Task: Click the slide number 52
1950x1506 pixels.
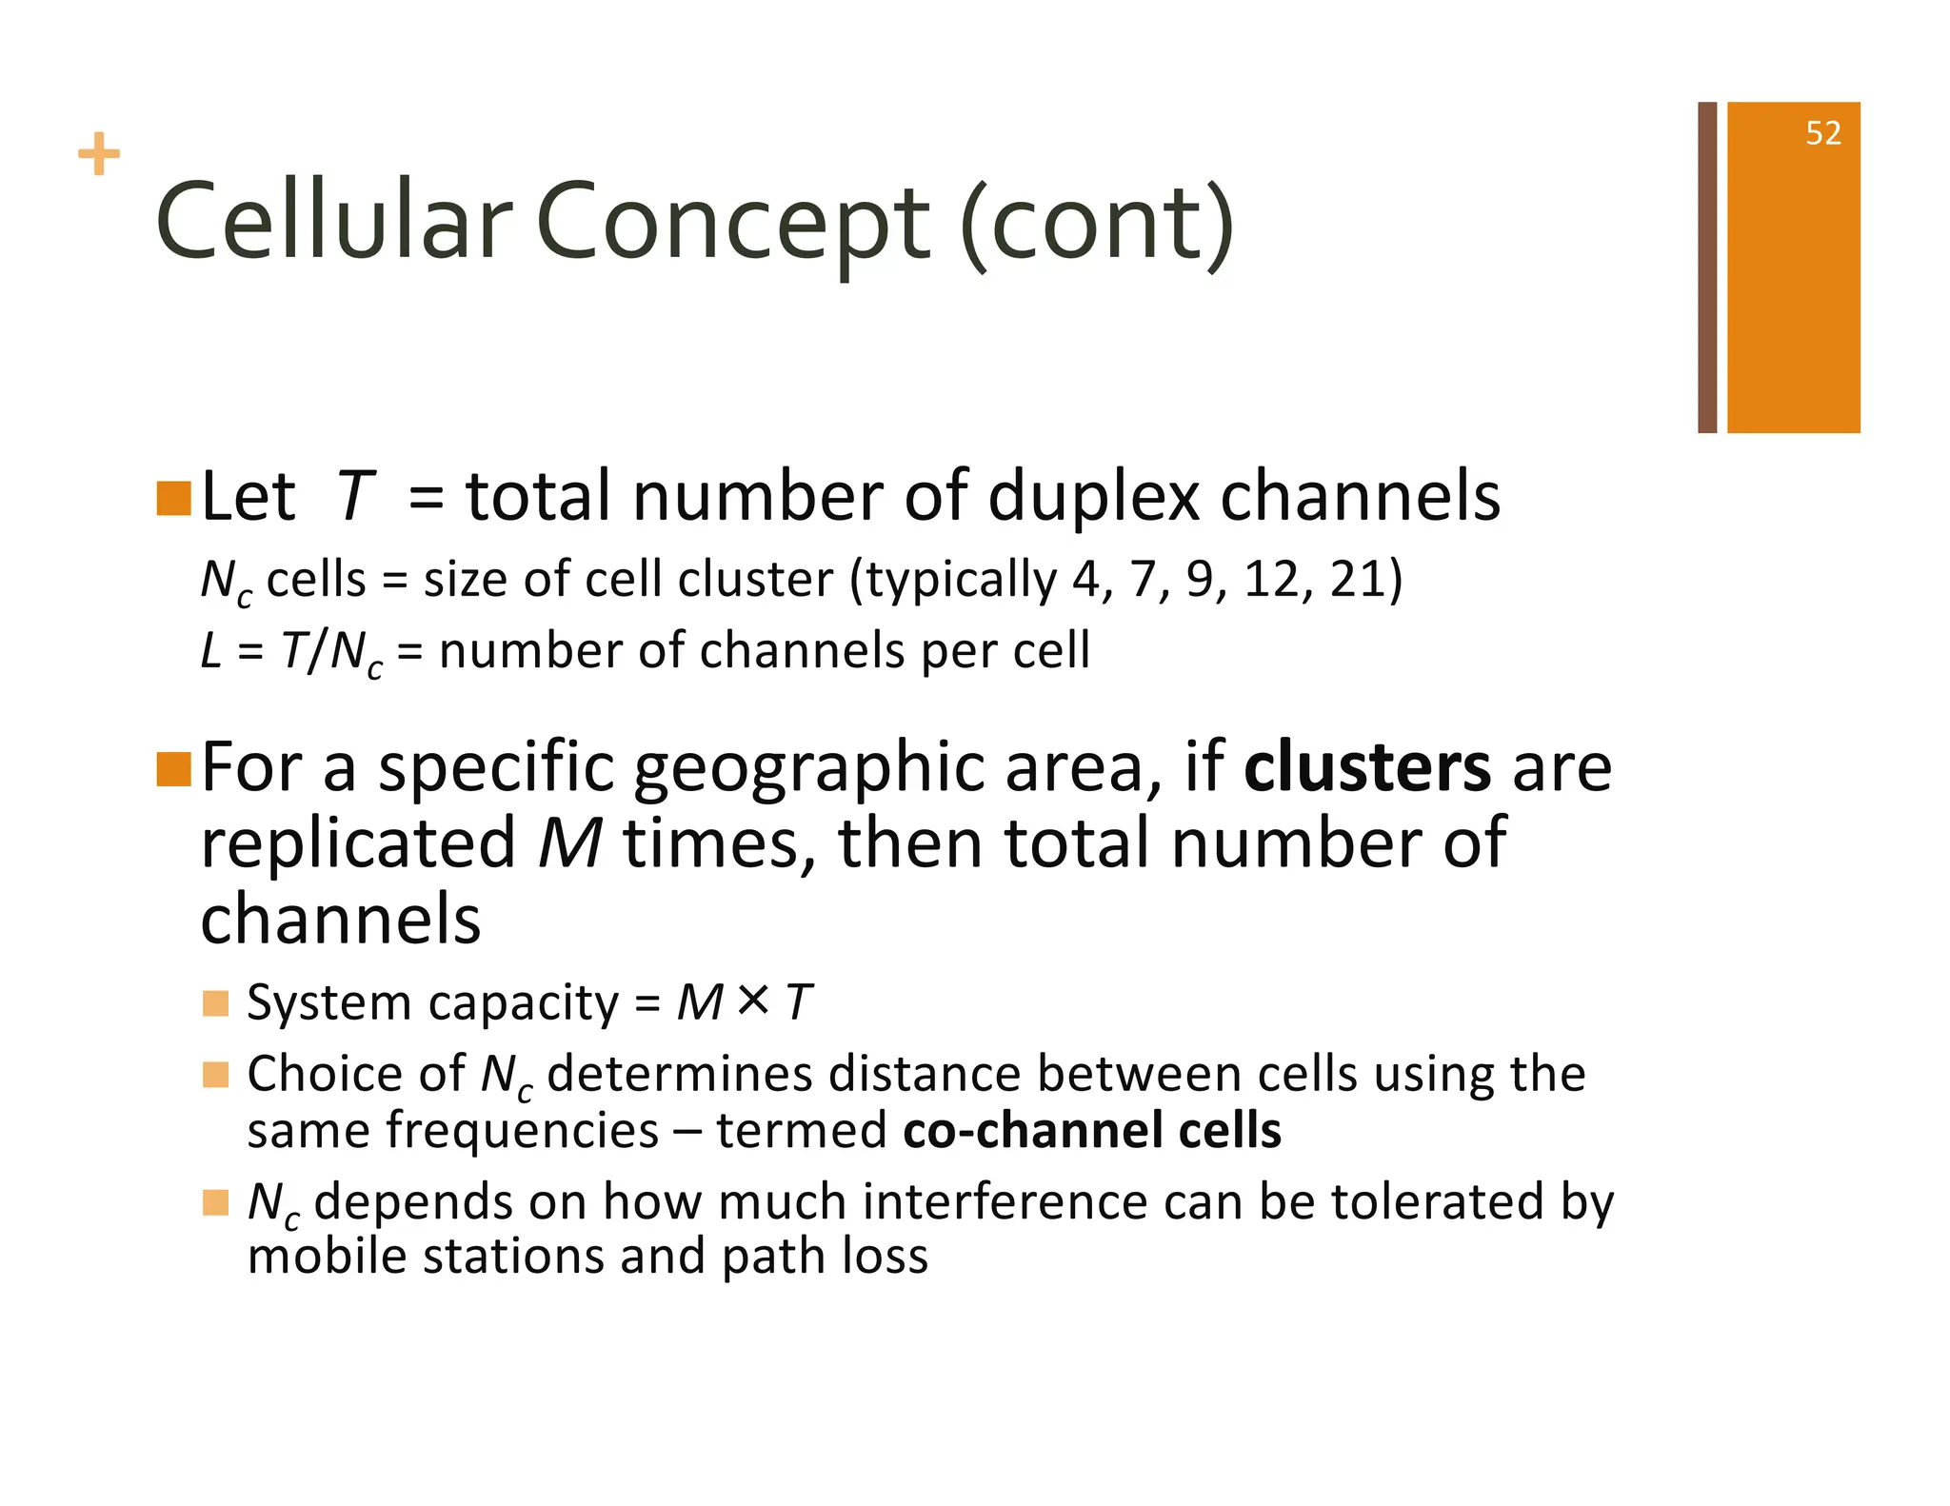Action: pyautogui.click(x=1822, y=133)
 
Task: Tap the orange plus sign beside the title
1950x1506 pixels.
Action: pyautogui.click(x=99, y=154)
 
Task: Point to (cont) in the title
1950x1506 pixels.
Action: pyautogui.click(x=1097, y=225)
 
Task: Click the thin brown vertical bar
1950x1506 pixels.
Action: pyautogui.click(x=1707, y=267)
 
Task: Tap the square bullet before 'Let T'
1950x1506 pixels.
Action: pyautogui.click(x=173, y=498)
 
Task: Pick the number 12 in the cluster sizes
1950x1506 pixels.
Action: pyautogui.click(x=1270, y=579)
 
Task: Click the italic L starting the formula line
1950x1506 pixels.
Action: pyautogui.click(x=211, y=651)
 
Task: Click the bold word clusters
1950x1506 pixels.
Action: pyautogui.click(x=1366, y=767)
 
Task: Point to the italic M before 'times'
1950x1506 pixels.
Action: pyautogui.click(x=569, y=843)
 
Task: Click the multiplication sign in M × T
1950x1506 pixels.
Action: pyautogui.click(x=753, y=1000)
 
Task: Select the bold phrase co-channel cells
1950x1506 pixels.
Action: pyautogui.click(x=1091, y=1130)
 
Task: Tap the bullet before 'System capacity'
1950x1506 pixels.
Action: pyautogui.click(x=216, y=1003)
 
